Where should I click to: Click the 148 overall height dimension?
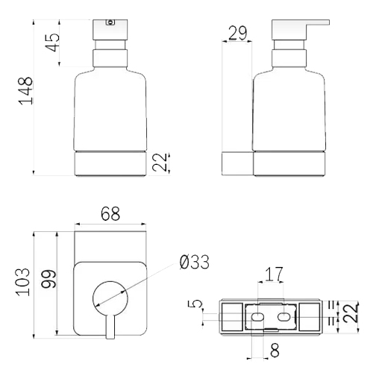(x=26, y=91)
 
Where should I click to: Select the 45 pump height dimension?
(x=53, y=43)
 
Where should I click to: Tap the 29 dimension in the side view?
(x=238, y=33)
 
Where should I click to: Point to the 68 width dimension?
(x=110, y=213)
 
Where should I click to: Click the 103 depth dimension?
(x=23, y=282)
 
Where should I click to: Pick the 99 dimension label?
(x=48, y=279)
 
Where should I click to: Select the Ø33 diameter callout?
(x=195, y=262)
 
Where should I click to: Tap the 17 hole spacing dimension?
(x=274, y=274)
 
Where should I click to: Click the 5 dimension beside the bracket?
(x=195, y=304)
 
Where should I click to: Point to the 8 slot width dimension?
(x=275, y=351)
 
